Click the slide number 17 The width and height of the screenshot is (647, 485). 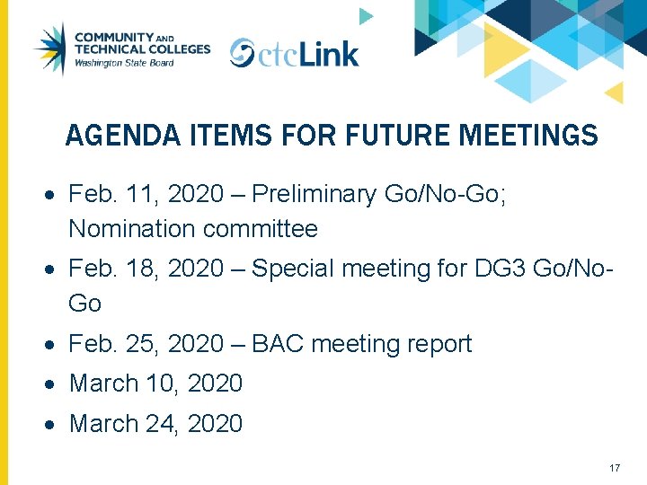[615, 468]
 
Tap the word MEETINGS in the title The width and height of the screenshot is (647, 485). [527, 136]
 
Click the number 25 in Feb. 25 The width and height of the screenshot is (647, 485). [138, 344]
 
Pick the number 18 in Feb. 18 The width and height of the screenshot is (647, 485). [138, 269]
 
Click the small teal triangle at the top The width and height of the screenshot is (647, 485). [365, 15]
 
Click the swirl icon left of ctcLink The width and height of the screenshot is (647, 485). [242, 54]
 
